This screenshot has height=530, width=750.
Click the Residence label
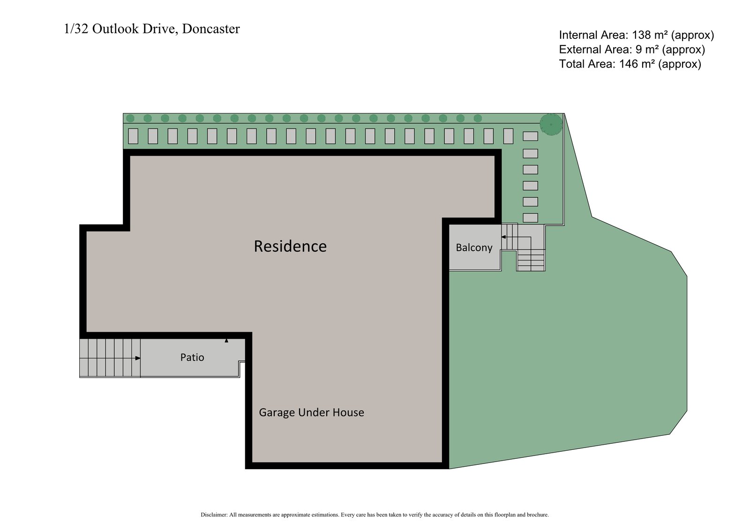tap(290, 246)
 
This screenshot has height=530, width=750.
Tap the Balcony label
tap(474, 247)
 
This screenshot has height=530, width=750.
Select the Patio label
tap(192, 358)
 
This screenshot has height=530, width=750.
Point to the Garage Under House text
tap(311, 412)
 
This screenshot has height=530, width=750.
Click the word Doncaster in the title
tap(210, 29)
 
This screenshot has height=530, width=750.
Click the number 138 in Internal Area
tap(642, 35)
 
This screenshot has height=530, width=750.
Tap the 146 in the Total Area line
tap(629, 64)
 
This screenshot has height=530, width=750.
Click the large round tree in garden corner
tap(551, 124)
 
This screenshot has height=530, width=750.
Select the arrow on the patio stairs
tap(137, 358)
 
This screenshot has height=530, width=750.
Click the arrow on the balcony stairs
tap(504, 237)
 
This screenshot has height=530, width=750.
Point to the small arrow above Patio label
tap(226, 341)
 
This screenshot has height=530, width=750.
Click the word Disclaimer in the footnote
tap(213, 515)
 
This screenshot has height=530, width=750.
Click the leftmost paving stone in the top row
tap(133, 136)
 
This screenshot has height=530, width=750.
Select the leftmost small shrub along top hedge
tap(130, 118)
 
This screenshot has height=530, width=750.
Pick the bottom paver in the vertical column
tap(530, 217)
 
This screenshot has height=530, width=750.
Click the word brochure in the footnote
tap(538, 515)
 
